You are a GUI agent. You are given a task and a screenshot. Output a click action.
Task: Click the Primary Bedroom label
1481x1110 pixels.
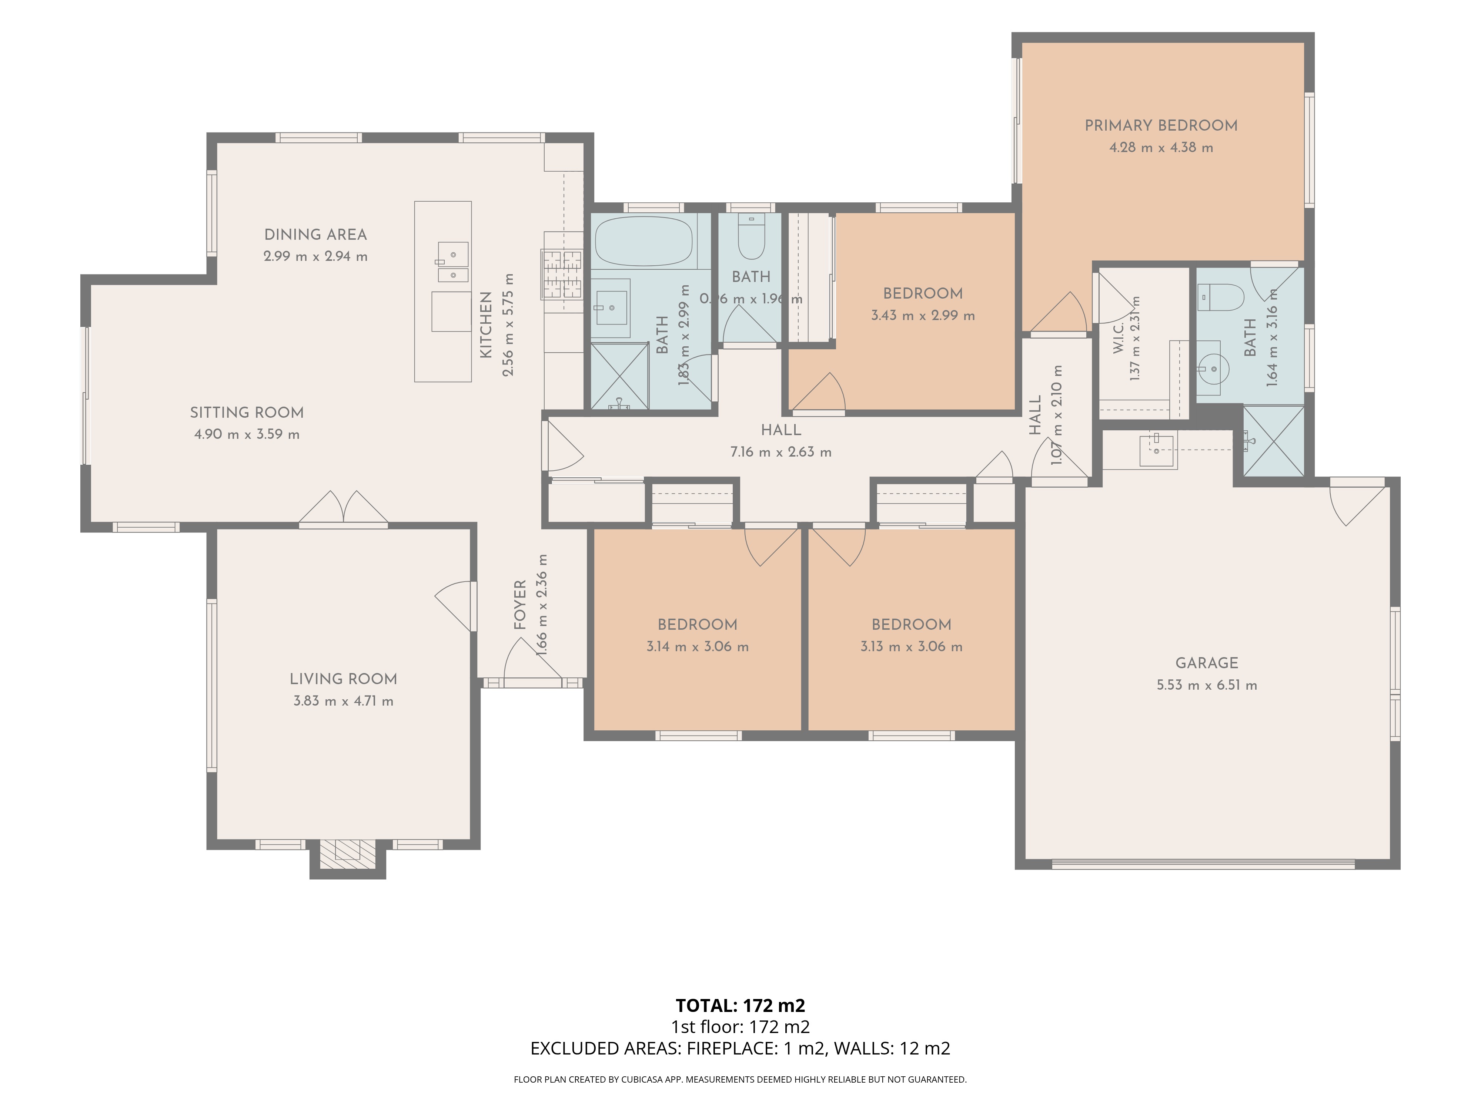1161,125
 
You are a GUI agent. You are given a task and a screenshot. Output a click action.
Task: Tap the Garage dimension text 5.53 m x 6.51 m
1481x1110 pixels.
1207,685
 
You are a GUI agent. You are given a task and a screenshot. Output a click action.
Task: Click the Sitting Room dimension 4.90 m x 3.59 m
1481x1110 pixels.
247,434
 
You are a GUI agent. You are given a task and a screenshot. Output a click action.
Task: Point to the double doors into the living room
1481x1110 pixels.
343,508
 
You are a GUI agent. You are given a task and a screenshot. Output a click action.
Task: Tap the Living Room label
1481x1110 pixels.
344,679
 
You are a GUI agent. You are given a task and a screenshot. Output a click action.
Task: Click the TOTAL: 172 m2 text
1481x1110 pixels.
740,1006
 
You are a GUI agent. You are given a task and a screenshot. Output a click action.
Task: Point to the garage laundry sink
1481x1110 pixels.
1158,451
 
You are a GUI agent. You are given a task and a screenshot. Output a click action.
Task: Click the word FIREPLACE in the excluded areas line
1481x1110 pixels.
732,1049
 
